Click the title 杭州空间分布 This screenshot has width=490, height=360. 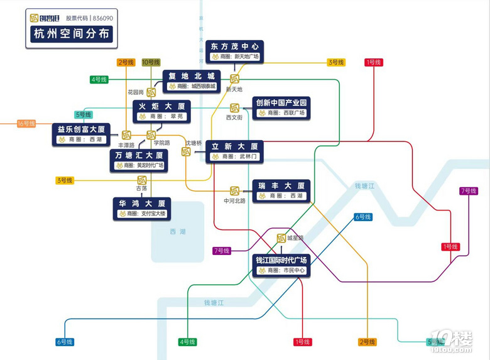click(70, 34)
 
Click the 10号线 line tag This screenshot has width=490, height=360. click(151, 62)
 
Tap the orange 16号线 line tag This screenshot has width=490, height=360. click(26, 124)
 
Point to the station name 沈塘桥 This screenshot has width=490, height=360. click(193, 143)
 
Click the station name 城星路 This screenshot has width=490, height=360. click(295, 238)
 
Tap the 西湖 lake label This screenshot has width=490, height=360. click(178, 232)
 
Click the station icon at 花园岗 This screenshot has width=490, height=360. click(151, 92)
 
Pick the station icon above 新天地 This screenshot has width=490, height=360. click(234, 79)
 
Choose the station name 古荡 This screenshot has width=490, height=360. click(142, 188)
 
